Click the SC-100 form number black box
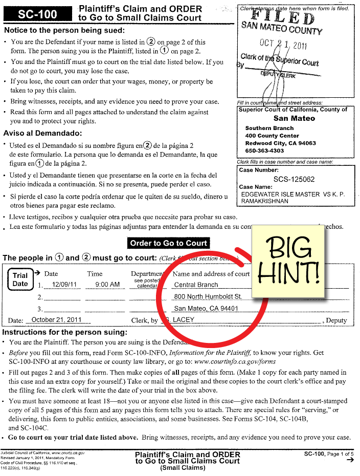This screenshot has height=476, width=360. pyautogui.click(x=38, y=14)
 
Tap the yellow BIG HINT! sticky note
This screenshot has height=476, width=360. pyautogui.click(x=289, y=261)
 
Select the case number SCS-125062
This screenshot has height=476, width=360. pyautogui.click(x=294, y=179)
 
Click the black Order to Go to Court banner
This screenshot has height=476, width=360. pyautogui.click(x=168, y=243)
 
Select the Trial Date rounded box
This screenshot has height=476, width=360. pyautogui.click(x=20, y=279)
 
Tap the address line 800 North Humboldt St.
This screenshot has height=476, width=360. pyautogui.click(x=208, y=296)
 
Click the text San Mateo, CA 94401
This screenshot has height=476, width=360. pyautogui.click(x=206, y=309)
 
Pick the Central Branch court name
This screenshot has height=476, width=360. pyautogui.click(x=196, y=285)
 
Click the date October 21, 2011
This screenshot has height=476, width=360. pyautogui.click(x=57, y=320)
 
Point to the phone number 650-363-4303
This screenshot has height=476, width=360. pyautogui.click(x=264, y=151)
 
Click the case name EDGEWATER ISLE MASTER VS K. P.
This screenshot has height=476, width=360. pyautogui.click(x=294, y=194)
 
